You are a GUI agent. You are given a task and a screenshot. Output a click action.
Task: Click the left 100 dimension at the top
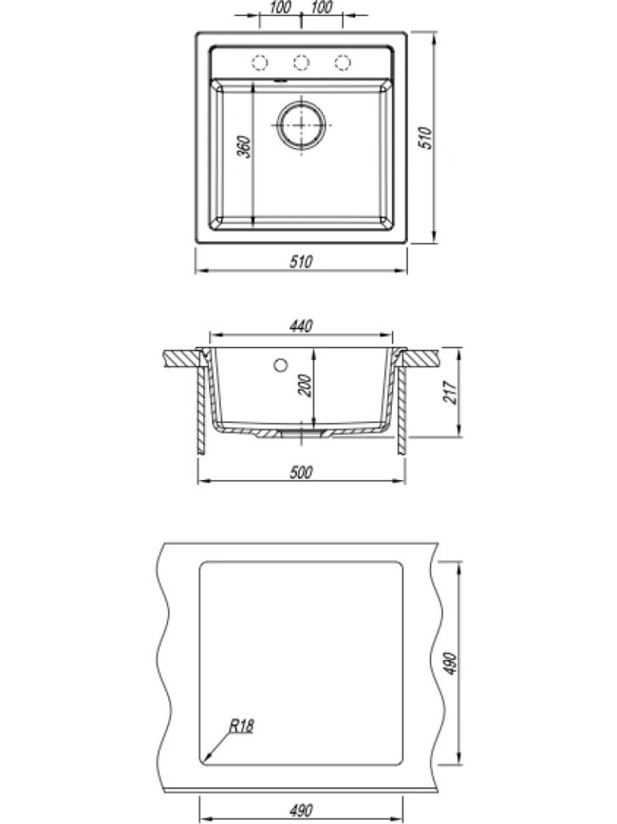pos(280,8)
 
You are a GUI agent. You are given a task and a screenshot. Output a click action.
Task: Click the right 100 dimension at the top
pos(321,8)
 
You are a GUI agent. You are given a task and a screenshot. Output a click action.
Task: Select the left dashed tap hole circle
pos(259,63)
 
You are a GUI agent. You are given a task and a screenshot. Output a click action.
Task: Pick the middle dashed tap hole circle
pos(301,63)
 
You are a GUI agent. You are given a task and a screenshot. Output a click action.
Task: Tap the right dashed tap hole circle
pos(342,63)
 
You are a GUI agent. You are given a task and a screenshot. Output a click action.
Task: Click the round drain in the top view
pos(301,125)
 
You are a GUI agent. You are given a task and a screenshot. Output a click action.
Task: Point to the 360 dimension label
pos(243,147)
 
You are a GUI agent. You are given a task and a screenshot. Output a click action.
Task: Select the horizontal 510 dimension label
pos(301,261)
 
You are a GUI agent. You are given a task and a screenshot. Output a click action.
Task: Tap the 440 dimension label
pos(301,326)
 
